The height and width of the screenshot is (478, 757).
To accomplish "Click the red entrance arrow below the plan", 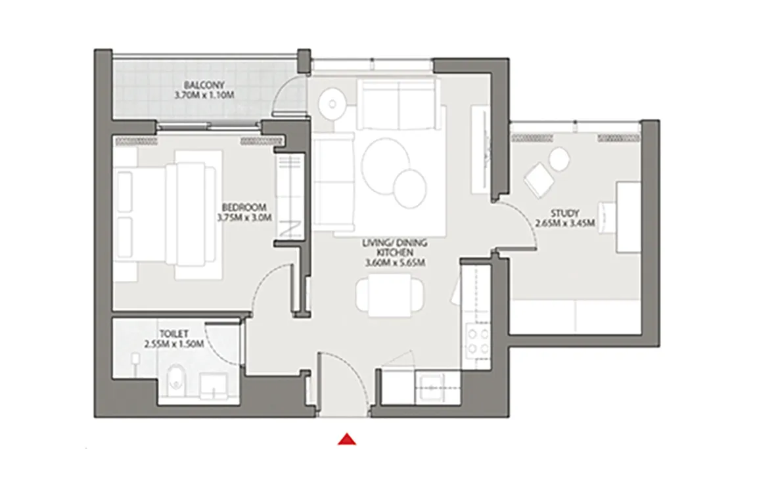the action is tap(347, 439).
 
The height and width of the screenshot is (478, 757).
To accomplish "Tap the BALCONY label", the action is tap(204, 85).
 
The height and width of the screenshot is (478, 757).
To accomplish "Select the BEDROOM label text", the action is tap(244, 207).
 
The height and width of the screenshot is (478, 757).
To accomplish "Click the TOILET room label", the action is tap(173, 334).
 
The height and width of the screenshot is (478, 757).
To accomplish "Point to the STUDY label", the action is tap(565, 213).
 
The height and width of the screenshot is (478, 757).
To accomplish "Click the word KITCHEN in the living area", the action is tap(395, 253).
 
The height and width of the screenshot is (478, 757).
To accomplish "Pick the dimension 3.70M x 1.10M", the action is tap(204, 95).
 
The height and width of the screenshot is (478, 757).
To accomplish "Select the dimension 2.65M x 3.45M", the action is tap(565, 223).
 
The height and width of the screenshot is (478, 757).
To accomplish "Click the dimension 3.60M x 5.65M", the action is tap(395, 263).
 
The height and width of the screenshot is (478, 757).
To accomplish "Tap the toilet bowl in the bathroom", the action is tap(177, 376).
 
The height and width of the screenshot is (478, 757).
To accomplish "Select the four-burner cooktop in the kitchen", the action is tap(477, 341).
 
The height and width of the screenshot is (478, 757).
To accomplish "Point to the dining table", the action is tap(390, 295).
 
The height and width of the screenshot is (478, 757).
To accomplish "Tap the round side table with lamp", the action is tap(332, 103).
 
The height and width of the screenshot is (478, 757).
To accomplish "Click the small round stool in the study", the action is tap(560, 159).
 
